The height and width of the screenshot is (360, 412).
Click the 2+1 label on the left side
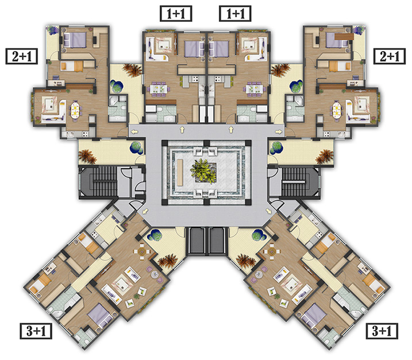[x=21, y=56]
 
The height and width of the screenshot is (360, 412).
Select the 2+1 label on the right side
[x=390, y=56]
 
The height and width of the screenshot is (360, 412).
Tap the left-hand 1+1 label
[x=176, y=14]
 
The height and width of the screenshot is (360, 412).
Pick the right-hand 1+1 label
[x=235, y=14]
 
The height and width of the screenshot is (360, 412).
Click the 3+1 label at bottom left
[x=36, y=331]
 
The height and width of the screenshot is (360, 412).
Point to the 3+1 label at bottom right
[x=382, y=331]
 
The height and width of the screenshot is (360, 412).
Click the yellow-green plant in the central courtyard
[x=203, y=171]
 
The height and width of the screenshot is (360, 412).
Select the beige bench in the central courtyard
[x=180, y=172]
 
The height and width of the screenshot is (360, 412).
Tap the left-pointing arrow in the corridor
[x=134, y=131]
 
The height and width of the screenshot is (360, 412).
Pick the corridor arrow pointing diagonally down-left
[x=145, y=211]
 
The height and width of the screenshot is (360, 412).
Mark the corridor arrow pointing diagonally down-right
[x=268, y=211]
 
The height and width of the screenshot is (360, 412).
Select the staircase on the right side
[x=294, y=181]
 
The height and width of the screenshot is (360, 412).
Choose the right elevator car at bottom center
[x=217, y=241]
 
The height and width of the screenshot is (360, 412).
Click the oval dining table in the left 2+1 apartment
[x=75, y=110]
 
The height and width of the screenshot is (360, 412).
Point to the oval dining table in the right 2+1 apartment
[x=337, y=110]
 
